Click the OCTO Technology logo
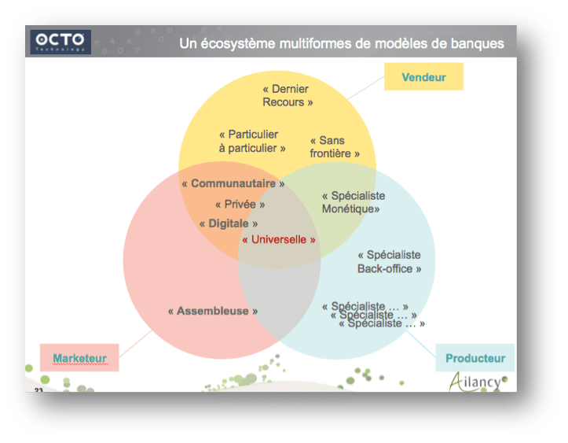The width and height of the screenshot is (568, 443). point(61,42)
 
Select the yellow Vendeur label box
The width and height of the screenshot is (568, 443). point(423,77)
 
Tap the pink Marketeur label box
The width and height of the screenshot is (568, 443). point(79,359)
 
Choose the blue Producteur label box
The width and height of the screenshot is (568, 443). point(475,358)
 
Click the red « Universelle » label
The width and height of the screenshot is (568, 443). point(279,239)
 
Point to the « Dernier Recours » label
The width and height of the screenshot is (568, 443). point(288,96)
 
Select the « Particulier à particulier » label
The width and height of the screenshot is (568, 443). point(251,141)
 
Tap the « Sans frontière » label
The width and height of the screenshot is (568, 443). point(335,147)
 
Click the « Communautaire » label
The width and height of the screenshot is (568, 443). point(233,183)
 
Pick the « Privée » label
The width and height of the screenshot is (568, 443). point(240,204)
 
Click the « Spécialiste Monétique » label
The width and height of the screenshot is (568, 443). point(353,202)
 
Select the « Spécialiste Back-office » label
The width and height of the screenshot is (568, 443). point(390,262)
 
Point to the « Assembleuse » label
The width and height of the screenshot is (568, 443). point(213,311)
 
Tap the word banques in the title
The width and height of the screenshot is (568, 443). point(473,43)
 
